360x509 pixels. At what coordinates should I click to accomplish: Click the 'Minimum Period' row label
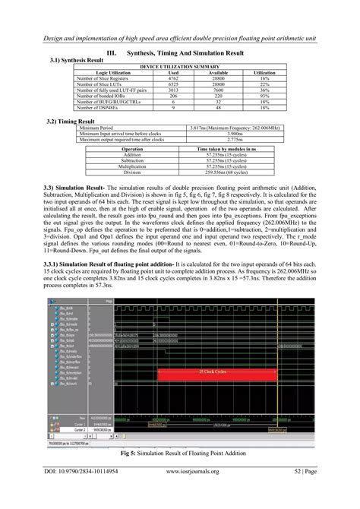(103, 130)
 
